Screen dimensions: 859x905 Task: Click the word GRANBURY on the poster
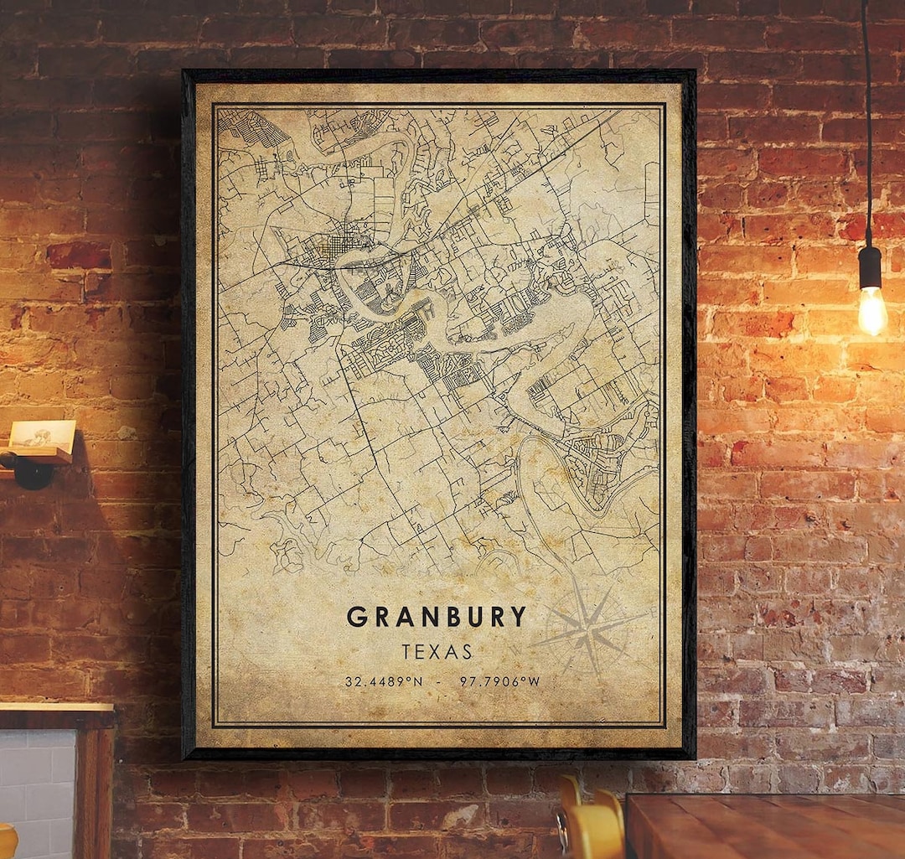437,617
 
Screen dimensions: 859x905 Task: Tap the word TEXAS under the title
437,652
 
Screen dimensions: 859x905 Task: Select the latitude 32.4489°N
383,681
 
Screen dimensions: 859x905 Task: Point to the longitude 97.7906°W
499,681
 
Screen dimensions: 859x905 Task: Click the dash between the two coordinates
437,681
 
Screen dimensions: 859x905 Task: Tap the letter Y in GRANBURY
519,617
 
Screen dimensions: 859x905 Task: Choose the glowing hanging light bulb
871,310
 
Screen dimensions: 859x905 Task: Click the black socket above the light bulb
870,266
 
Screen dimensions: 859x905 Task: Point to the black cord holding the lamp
866,126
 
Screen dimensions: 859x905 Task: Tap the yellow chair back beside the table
591,825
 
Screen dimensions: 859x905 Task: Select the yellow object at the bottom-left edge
7,842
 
